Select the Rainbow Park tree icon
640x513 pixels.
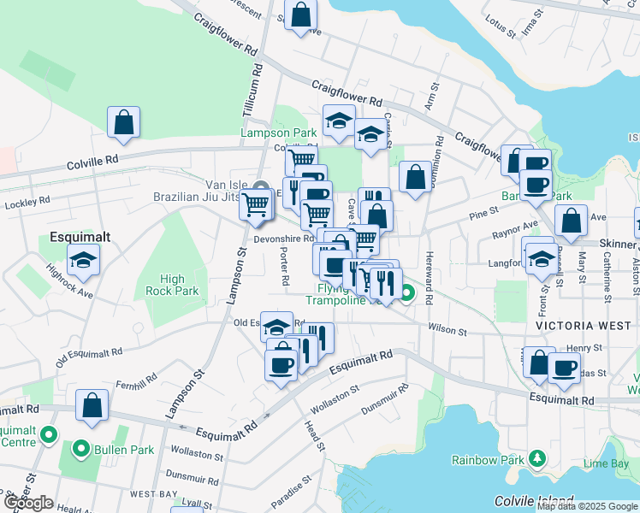536,458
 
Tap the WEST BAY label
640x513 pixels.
153,494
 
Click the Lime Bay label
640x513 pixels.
606,463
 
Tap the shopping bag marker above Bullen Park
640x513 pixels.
92,405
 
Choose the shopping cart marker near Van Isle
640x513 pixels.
256,205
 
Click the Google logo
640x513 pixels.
28,503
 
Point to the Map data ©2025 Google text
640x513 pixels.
587,506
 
